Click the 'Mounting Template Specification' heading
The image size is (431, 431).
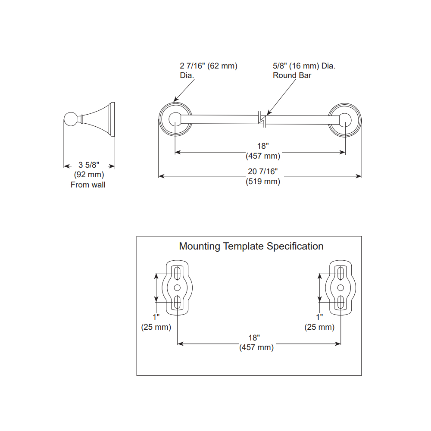click(x=251, y=246)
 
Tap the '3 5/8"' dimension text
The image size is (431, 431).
click(x=88, y=165)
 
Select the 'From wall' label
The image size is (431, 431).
click(x=88, y=185)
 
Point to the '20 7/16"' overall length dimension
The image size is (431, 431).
click(x=263, y=172)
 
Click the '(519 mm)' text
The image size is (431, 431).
click(x=263, y=181)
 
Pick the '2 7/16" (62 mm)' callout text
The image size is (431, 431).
click(x=209, y=66)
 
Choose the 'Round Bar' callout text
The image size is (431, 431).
click(x=292, y=75)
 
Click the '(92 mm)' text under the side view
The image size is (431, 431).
click(x=89, y=175)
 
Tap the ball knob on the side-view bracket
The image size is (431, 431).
click(x=71, y=119)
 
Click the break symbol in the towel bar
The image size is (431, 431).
click(x=262, y=119)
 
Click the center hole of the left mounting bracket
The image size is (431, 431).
click(x=177, y=288)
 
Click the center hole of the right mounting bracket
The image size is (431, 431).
click(x=340, y=288)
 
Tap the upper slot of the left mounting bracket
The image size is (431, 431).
click(x=177, y=273)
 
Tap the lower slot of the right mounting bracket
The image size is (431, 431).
click(x=340, y=302)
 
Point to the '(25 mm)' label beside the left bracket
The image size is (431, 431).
click(x=156, y=327)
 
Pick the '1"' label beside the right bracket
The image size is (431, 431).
click(x=319, y=317)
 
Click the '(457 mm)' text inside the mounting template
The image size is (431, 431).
click(x=256, y=347)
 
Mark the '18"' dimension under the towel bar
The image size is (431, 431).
click(x=263, y=146)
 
